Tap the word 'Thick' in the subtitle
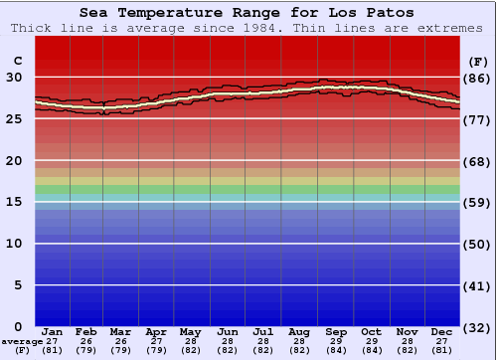[31, 28]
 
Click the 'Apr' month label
[156, 331]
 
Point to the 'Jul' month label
[263, 331]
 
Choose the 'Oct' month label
[371, 331]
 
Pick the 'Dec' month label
[442, 331]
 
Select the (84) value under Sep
[335, 350]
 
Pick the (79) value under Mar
[120, 350]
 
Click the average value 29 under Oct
[371, 341]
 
